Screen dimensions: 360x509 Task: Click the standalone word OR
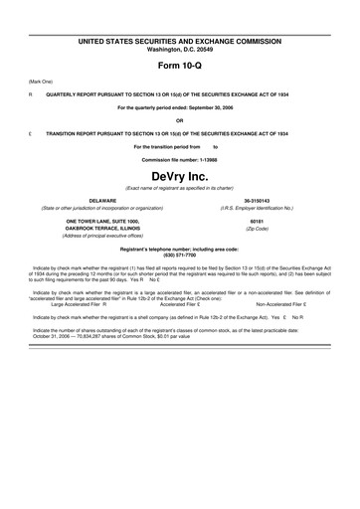pyautogui.click(x=180, y=120)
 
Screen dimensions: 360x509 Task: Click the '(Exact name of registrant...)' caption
pyautogui.click(x=180, y=189)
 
